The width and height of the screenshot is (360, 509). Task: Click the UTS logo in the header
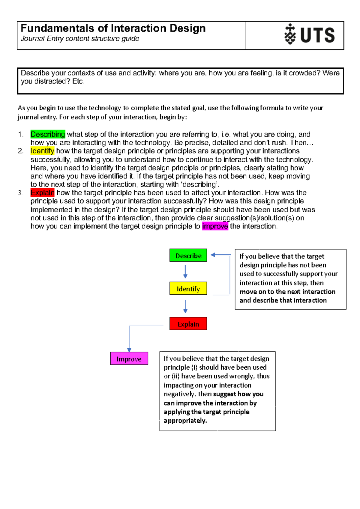point(309,34)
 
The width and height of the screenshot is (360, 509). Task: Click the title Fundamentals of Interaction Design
point(113,28)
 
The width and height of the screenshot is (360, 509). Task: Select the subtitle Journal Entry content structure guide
point(80,39)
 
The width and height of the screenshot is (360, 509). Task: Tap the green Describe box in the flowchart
point(188,255)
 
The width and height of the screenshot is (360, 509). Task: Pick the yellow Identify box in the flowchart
point(188,288)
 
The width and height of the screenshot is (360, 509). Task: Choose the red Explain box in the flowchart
point(188,324)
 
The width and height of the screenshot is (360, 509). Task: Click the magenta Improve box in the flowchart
point(129,359)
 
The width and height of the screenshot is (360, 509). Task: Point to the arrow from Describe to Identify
point(185,272)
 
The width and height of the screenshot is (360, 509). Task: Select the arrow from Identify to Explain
point(185,306)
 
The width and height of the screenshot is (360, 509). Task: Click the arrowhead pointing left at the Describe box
point(213,255)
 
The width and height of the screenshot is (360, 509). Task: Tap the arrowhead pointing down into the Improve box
point(129,350)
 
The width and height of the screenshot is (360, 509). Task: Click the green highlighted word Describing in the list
point(48,134)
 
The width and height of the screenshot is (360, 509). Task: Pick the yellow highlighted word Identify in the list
point(42,151)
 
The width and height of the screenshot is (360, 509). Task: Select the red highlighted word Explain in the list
point(42,192)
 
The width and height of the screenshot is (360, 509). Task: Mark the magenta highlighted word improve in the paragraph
point(215,226)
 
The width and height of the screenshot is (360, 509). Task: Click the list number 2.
point(20,151)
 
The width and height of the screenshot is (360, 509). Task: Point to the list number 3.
point(20,193)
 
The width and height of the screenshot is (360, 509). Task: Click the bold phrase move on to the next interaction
point(287,292)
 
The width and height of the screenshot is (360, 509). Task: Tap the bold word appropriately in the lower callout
point(185,421)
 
